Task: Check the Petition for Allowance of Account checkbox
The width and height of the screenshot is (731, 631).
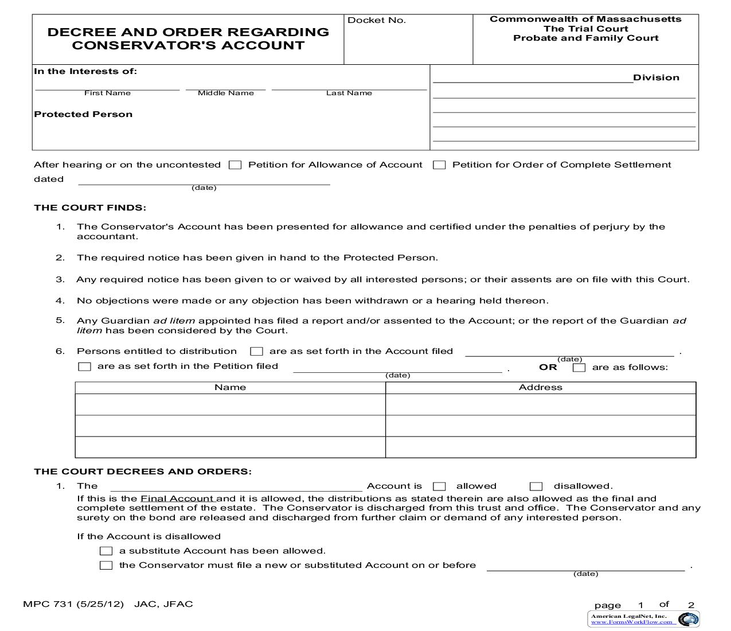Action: click(x=234, y=165)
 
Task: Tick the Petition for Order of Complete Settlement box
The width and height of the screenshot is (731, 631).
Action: click(x=439, y=165)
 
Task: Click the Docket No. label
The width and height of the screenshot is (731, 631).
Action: click(x=377, y=20)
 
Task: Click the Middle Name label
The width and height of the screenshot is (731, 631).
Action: click(x=225, y=93)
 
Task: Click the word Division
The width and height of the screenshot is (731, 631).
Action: click(x=656, y=77)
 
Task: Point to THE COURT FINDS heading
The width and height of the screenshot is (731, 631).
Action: click(x=90, y=208)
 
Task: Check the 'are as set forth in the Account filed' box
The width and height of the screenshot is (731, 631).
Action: click(x=257, y=352)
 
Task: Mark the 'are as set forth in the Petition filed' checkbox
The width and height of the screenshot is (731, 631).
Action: click(x=84, y=367)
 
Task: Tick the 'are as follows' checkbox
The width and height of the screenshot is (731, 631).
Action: click(x=579, y=368)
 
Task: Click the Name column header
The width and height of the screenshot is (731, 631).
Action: click(x=230, y=387)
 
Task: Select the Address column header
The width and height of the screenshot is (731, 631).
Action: click(x=540, y=387)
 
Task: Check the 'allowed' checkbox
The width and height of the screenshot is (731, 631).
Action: click(x=439, y=486)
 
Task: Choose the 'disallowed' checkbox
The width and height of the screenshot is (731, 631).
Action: click(x=536, y=486)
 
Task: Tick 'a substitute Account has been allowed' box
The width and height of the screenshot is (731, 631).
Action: click(x=106, y=551)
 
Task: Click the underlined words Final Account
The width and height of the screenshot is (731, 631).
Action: click(x=177, y=498)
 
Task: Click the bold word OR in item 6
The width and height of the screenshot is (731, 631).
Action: click(x=548, y=367)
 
